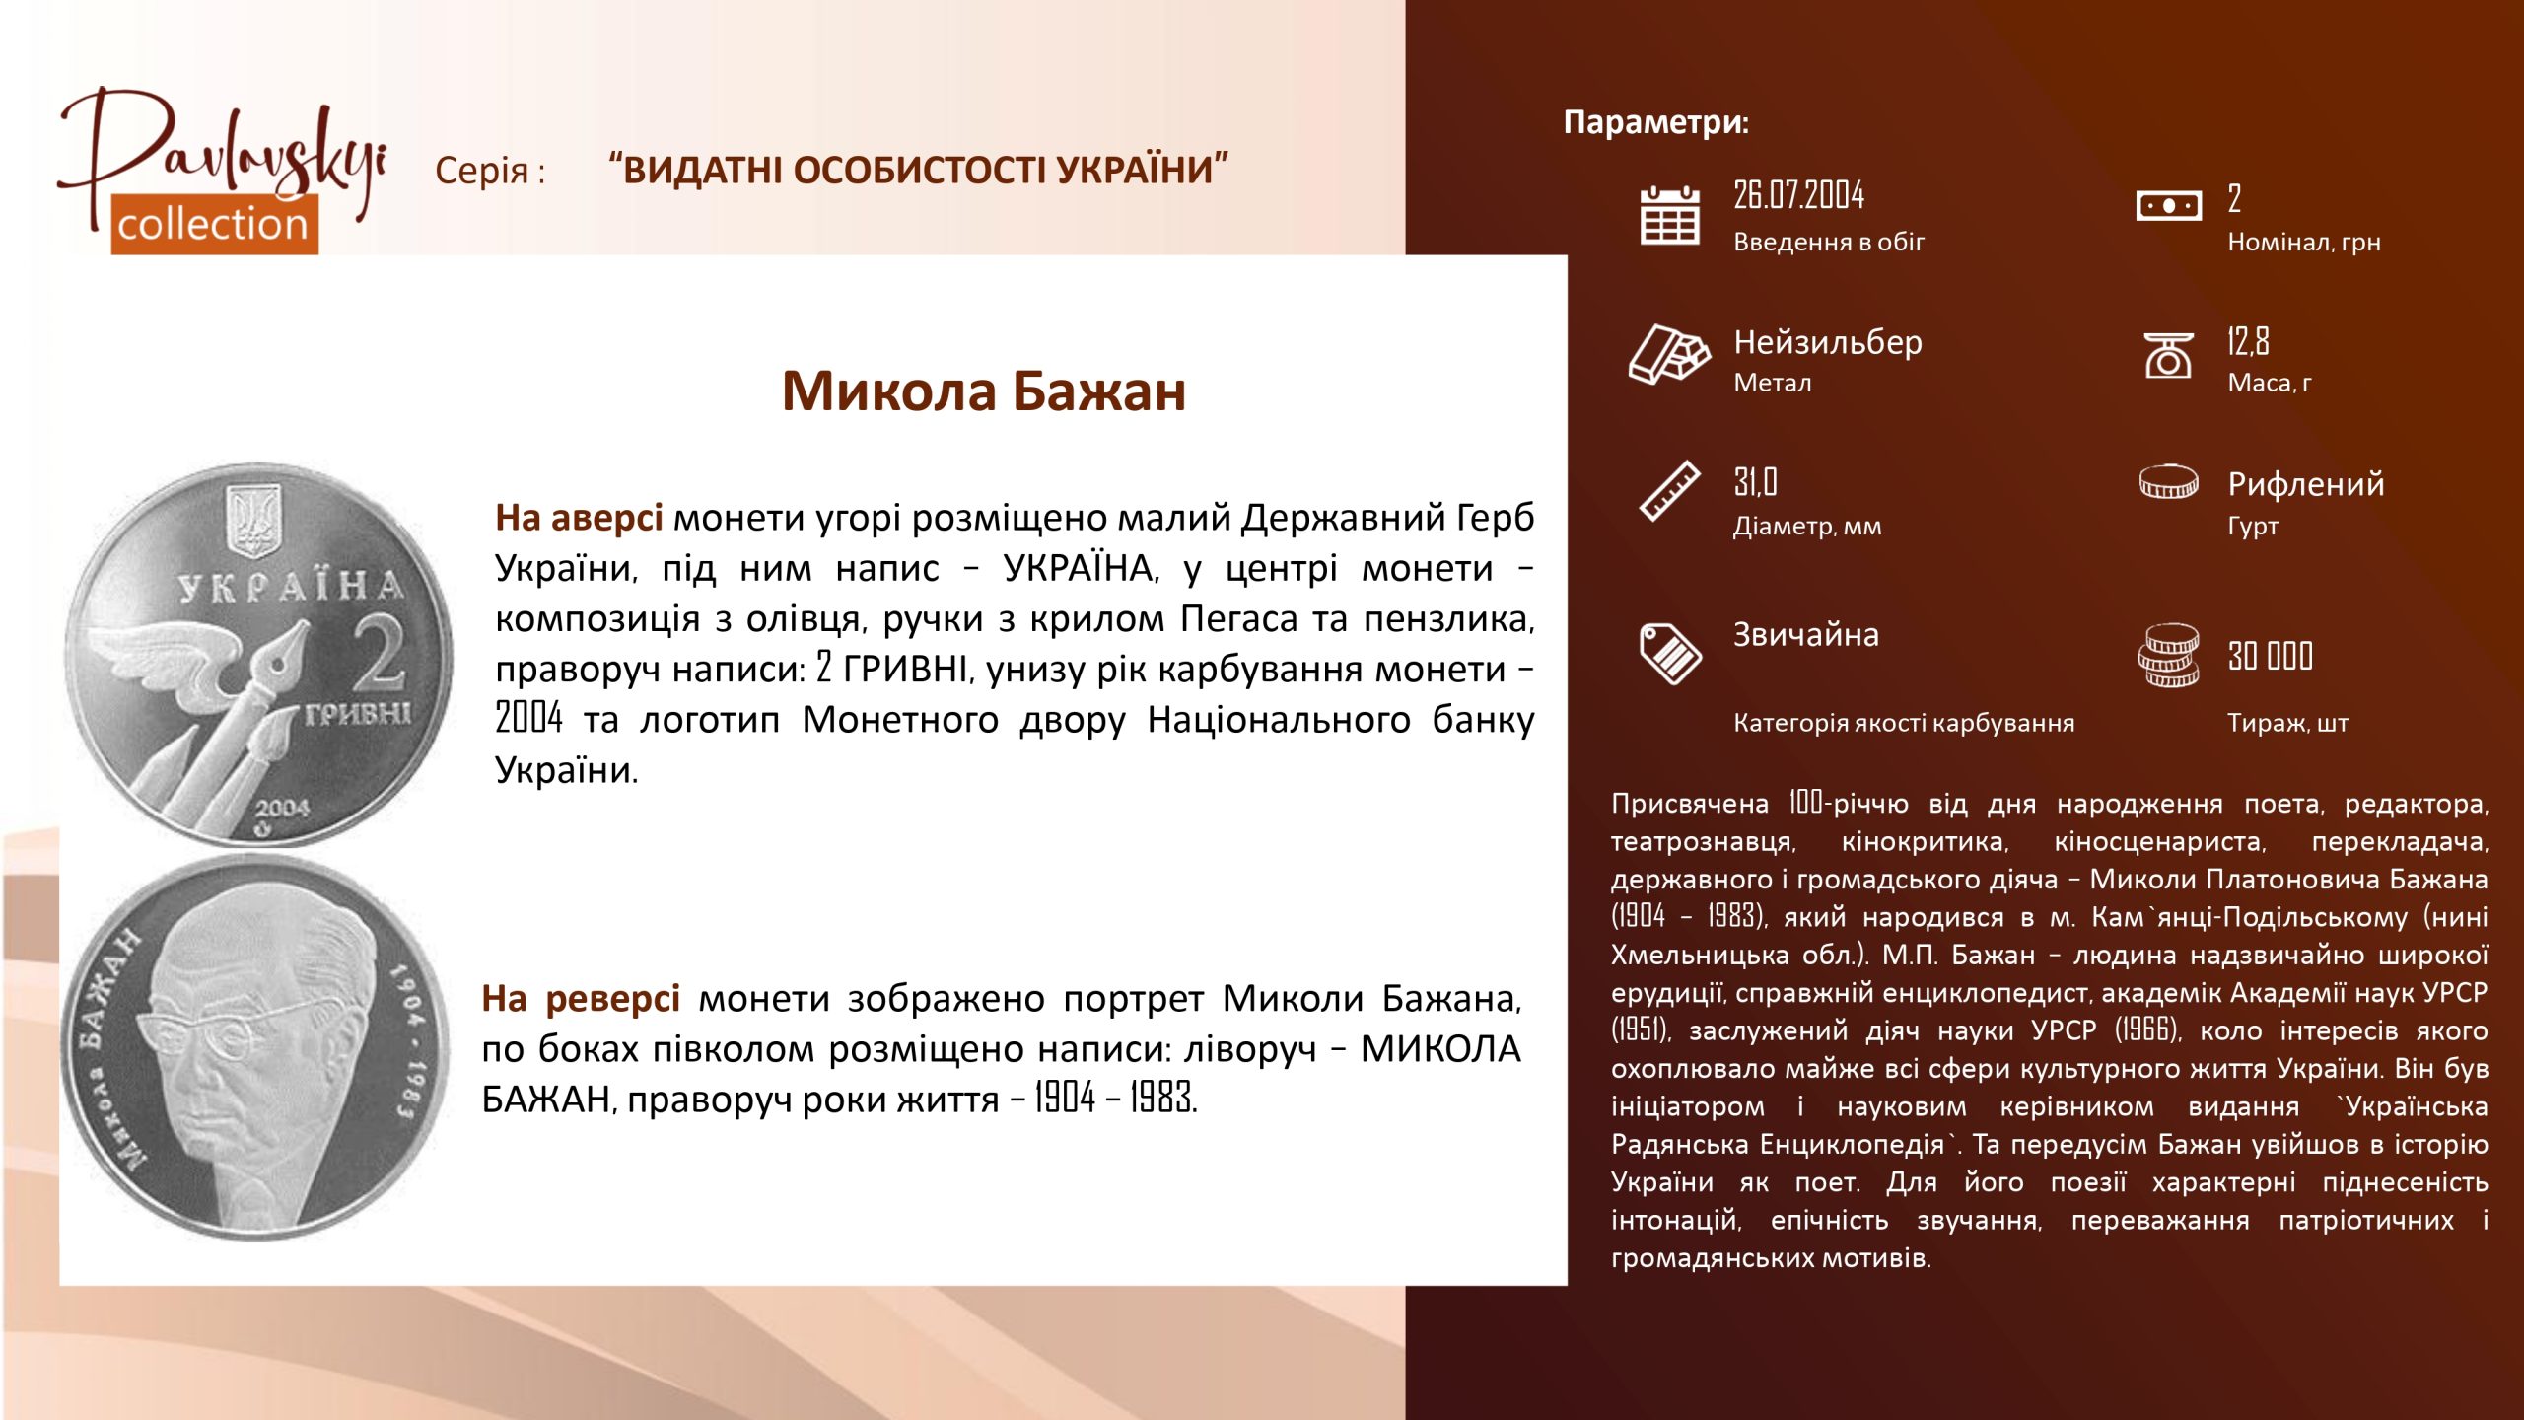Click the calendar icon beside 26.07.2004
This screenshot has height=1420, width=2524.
click(1669, 215)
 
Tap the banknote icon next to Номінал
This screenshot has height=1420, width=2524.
click(2168, 206)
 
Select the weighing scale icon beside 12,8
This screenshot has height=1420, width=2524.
click(2168, 355)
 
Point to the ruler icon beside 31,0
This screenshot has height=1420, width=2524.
click(1669, 490)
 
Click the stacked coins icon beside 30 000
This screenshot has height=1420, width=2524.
click(2168, 655)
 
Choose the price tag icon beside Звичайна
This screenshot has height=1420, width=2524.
click(1670, 653)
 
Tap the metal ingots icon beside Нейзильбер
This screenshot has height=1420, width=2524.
click(1669, 353)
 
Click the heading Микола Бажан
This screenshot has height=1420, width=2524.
click(984, 390)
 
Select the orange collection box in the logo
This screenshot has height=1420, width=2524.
click(214, 225)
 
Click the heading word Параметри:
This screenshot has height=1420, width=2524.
click(1656, 122)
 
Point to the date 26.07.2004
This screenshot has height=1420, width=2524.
click(1799, 195)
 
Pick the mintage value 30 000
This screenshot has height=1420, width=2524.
click(2271, 656)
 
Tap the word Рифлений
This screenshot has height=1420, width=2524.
click(2306, 484)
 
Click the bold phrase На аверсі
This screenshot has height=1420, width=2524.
click(579, 518)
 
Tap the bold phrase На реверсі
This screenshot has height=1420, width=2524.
click(581, 999)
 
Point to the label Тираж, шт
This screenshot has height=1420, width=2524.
click(2287, 724)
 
